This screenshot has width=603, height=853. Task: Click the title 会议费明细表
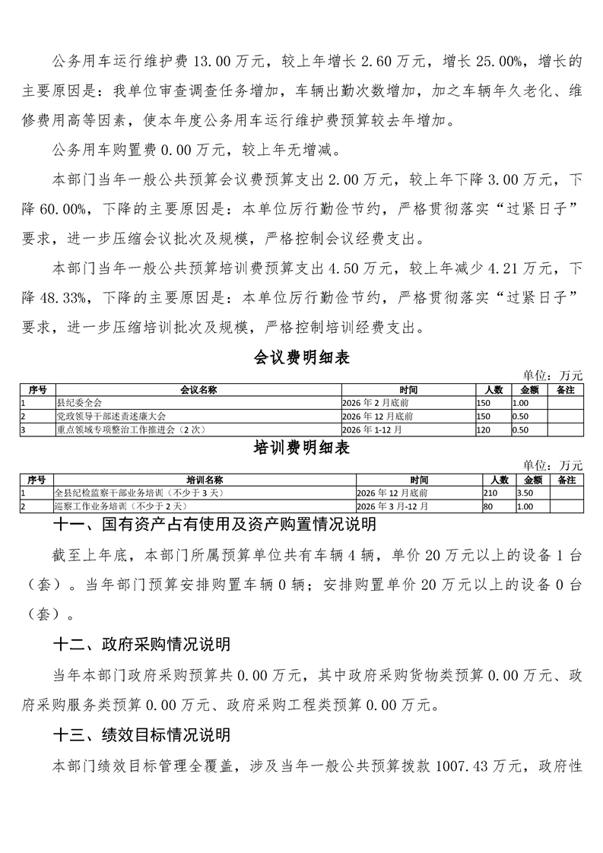(301, 357)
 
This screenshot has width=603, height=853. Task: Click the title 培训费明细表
(301, 449)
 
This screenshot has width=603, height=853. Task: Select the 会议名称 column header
(198, 389)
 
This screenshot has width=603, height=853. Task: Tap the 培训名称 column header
(203, 480)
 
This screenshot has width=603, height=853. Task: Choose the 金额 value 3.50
(525, 493)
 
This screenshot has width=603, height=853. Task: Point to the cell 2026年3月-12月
(392, 506)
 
